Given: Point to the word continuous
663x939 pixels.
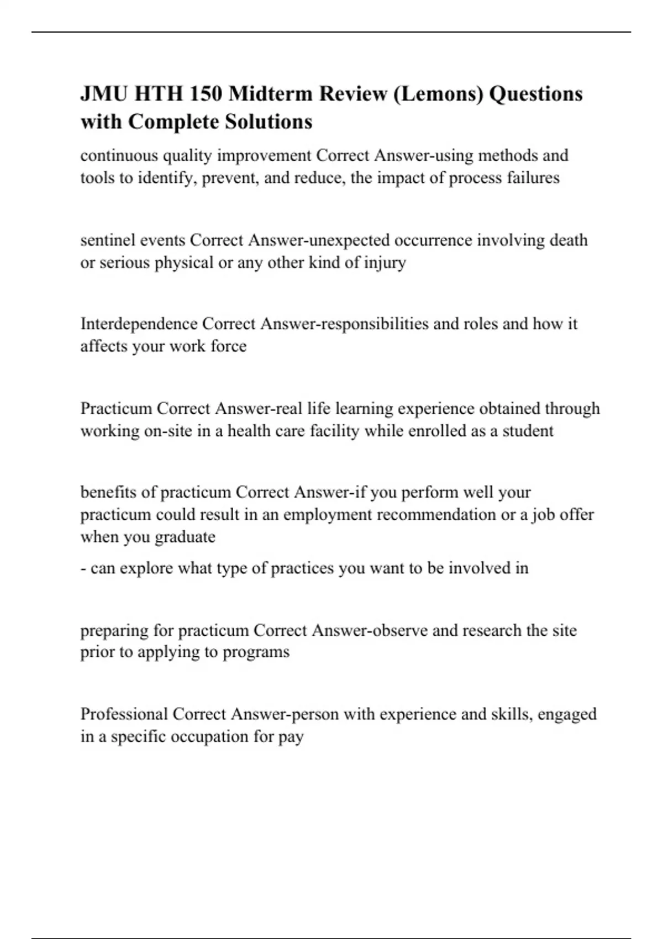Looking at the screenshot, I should click(119, 156).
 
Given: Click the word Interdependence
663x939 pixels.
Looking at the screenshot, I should click(139, 324).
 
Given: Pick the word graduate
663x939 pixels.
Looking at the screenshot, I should click(185, 537).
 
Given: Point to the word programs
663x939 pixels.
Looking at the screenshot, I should click(256, 652).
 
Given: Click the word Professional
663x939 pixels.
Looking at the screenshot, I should click(124, 714).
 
